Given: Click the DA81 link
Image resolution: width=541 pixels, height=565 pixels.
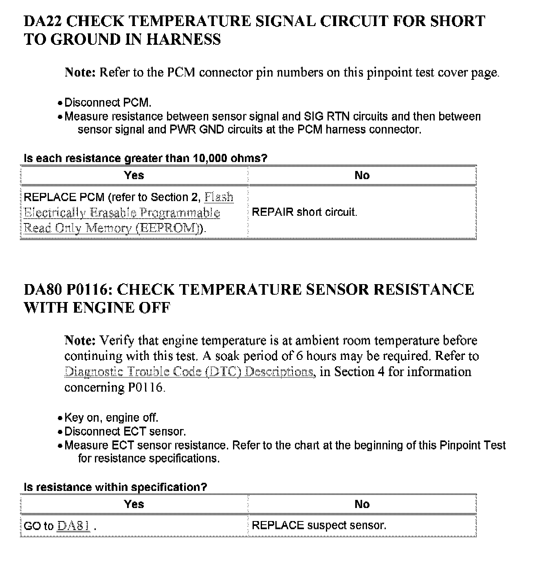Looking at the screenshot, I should tap(73, 526).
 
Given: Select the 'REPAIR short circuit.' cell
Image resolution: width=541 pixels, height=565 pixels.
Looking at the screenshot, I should tap(304, 212).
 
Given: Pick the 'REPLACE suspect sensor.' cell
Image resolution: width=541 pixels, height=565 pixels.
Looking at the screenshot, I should tap(319, 525).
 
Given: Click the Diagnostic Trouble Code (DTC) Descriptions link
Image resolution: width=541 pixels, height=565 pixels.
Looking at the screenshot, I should tap(189, 372).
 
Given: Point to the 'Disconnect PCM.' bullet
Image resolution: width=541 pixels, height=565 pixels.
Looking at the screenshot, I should tap(108, 103).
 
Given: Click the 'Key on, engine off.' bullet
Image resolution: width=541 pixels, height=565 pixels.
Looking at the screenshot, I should tap(111, 418).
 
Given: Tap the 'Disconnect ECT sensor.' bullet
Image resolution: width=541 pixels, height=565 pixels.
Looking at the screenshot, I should tap(125, 431).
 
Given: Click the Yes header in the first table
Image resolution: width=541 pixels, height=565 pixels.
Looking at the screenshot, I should tap(134, 175).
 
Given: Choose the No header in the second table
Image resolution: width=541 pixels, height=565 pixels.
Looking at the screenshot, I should tap(362, 504).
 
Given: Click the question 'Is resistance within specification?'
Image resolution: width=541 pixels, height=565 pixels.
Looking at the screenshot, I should tap(115, 487).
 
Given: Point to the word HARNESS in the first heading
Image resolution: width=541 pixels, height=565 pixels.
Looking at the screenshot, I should tap(183, 39).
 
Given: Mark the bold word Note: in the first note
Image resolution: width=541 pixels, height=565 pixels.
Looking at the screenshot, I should tap(80, 72).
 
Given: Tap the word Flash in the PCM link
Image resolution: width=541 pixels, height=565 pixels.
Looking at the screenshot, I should tap(219, 197).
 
